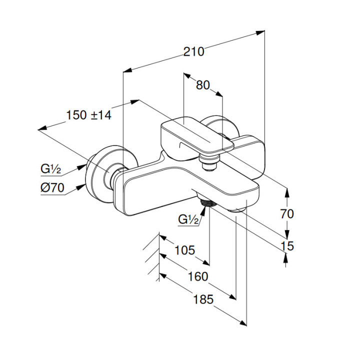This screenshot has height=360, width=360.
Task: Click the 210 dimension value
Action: [x=194, y=51]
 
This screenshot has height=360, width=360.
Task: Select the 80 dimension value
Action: [x=202, y=85]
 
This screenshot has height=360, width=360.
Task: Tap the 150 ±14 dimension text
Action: [x=88, y=114]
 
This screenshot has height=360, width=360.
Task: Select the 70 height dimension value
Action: [x=287, y=214]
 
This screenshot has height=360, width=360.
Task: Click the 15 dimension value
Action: [x=287, y=246]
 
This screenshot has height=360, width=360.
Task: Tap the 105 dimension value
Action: [x=185, y=250]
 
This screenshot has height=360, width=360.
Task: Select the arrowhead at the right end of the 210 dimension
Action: [x=261, y=32]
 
